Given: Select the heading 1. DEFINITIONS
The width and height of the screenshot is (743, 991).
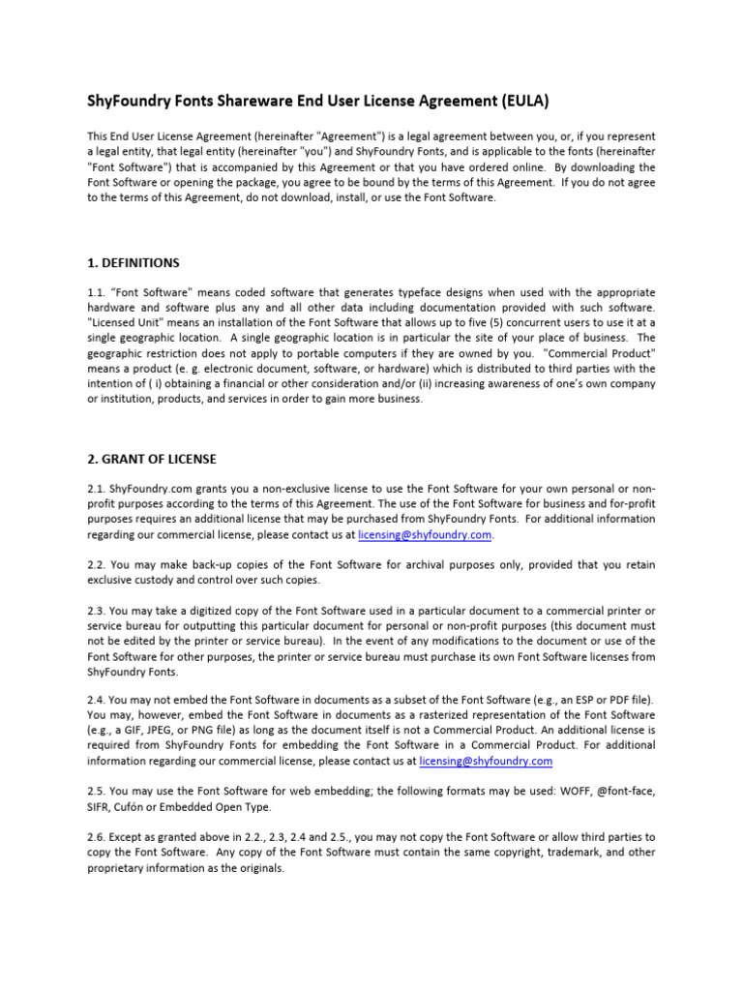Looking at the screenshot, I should click(x=133, y=262).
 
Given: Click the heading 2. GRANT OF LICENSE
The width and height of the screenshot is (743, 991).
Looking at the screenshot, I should click(x=152, y=458).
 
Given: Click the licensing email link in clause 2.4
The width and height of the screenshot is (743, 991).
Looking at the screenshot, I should click(x=486, y=761).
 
